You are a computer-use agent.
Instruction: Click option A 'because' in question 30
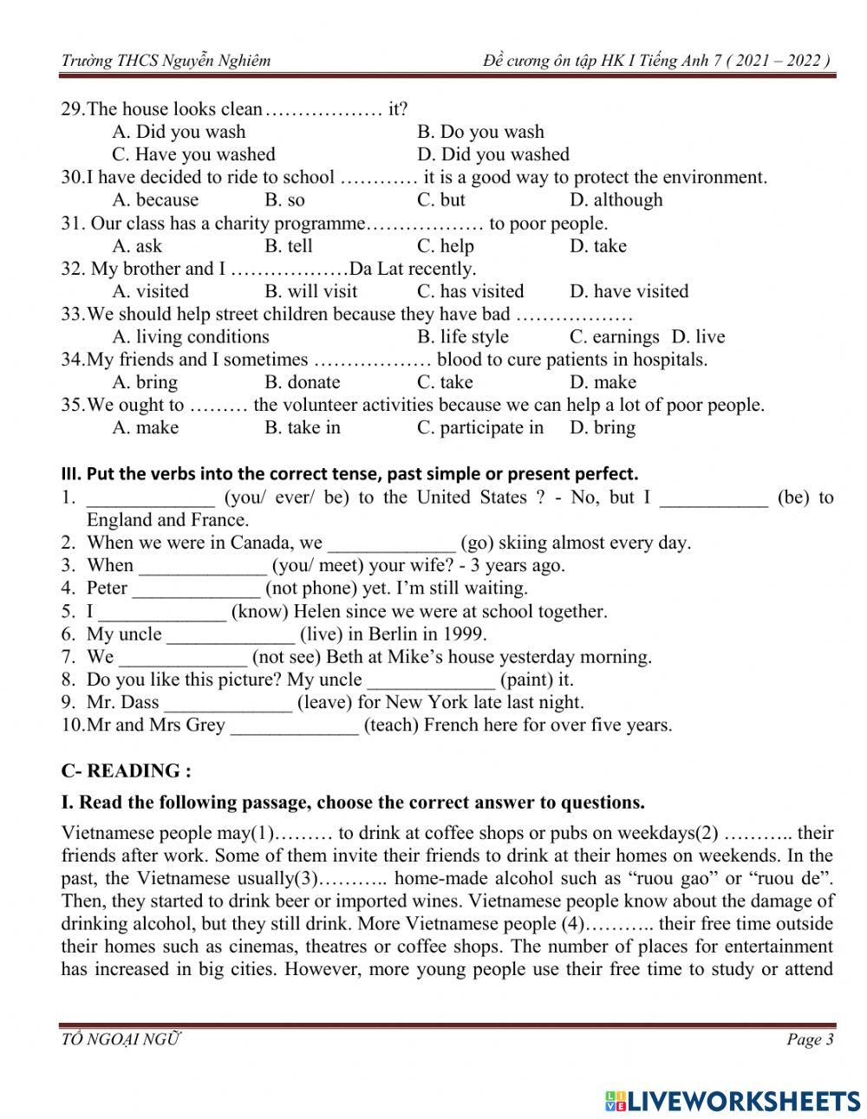pos(155,200)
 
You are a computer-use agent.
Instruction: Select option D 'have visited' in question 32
pos(629,291)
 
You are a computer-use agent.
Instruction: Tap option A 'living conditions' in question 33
pos(191,337)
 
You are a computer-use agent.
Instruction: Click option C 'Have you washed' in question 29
pos(193,154)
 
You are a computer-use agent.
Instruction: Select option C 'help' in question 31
pos(446,246)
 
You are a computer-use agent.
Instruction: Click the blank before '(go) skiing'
pos(392,544)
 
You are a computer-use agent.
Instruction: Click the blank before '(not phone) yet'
pos(196,589)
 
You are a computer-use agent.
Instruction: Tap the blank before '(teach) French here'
pos(294,726)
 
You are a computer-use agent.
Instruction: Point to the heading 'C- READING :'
pos(126,771)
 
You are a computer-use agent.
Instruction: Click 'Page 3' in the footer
pos(810,1039)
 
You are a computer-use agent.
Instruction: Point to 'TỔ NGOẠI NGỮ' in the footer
pos(121,1039)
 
